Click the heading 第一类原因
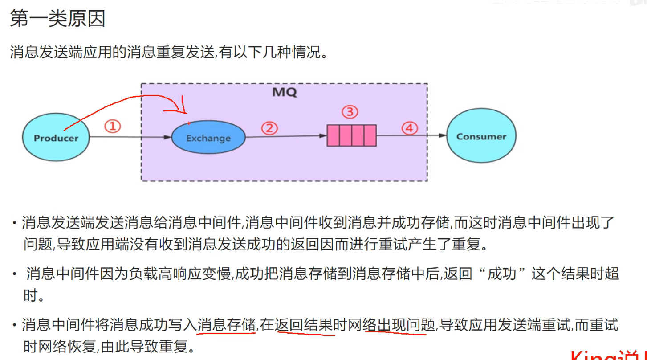click(57, 20)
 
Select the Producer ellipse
click(56, 138)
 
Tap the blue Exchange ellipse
click(208, 138)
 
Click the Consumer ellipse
click(481, 136)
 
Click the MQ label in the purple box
click(284, 93)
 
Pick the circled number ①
click(113, 127)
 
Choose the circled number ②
click(269, 129)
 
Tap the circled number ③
click(350, 112)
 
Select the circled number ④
click(410, 128)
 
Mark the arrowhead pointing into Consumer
click(443, 136)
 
